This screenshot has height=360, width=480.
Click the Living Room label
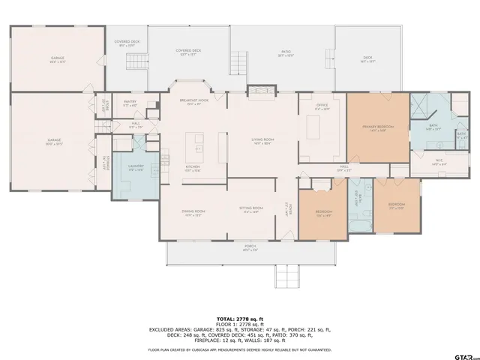[262, 140]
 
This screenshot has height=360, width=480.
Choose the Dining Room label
[192, 212]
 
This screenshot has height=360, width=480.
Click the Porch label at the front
[249, 247]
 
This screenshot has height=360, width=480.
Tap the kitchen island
[197, 139]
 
